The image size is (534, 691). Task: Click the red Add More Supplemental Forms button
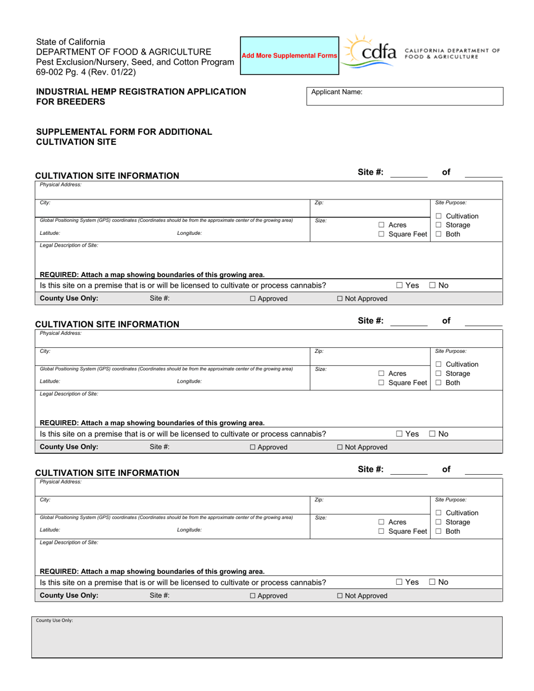coord(289,56)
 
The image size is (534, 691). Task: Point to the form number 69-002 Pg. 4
coord(85,72)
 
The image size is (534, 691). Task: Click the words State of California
coord(70,42)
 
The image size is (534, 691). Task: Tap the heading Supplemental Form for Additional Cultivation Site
coord(124,137)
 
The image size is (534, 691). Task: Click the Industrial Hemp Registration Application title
coord(141,96)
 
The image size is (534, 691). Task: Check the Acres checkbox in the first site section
coord(381,225)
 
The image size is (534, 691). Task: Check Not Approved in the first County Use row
coord(341,299)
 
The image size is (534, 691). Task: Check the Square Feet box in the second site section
coord(381,383)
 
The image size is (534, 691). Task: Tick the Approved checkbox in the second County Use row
coord(253,448)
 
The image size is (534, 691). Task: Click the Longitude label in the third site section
coord(189,530)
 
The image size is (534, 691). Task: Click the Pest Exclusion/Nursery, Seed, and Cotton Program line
coord(135,62)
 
